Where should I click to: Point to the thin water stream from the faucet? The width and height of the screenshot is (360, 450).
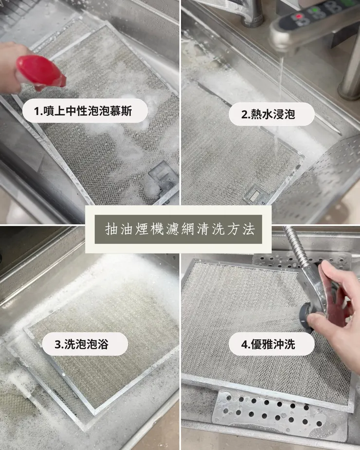(279, 97)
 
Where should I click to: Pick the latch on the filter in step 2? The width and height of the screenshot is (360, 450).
(254, 196)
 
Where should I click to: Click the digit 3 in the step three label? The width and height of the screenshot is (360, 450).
(58, 345)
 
